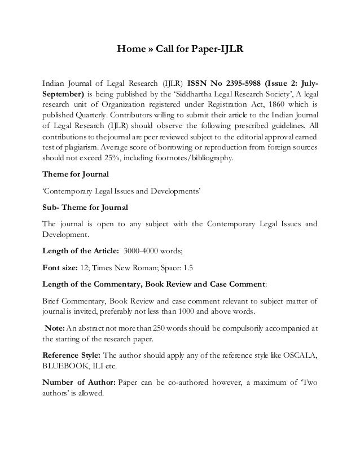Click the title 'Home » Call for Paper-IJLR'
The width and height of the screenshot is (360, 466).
click(x=179, y=49)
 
